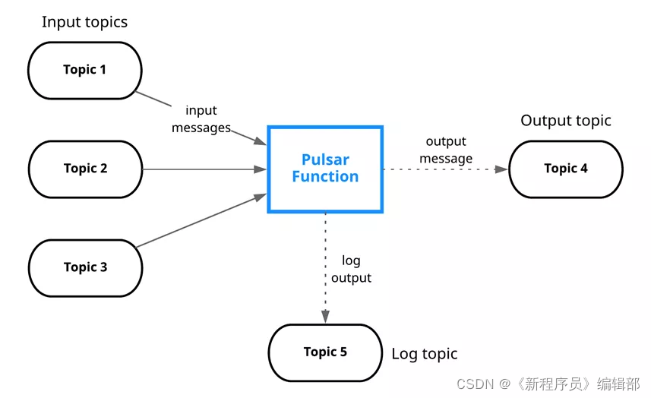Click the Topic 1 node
click(84, 71)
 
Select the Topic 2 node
click(86, 169)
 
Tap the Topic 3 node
click(86, 268)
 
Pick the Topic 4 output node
click(566, 169)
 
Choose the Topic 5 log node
click(325, 352)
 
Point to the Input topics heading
click(84, 22)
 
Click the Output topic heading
click(566, 121)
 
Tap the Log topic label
click(425, 354)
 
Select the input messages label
click(201, 119)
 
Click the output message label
click(446, 150)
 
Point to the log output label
click(351, 270)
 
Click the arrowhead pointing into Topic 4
click(501, 169)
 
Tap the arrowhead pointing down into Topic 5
click(325, 316)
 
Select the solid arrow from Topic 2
click(204, 169)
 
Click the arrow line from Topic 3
click(201, 220)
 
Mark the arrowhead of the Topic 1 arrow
click(261, 141)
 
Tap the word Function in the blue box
click(325, 177)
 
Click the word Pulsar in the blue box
click(325, 160)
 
